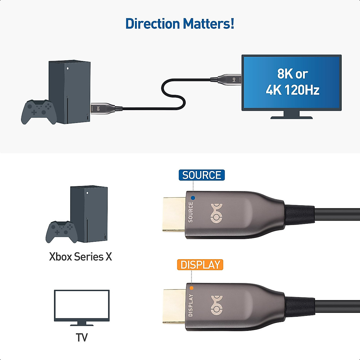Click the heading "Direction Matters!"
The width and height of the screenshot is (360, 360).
coord(180,24)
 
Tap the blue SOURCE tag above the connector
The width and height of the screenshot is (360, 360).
coord(202,175)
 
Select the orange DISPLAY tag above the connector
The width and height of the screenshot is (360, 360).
coord(200,265)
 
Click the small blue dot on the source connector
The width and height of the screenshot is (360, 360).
coord(193,198)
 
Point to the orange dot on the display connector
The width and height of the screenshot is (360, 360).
coord(191,288)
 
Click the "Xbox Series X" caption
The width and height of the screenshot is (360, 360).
coord(80,257)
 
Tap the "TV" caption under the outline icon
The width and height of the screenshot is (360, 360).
coord(82,337)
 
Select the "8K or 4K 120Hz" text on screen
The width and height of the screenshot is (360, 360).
coord(292,82)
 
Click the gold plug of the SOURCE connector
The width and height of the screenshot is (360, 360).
coord(174,214)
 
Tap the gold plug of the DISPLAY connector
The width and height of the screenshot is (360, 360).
coord(174,306)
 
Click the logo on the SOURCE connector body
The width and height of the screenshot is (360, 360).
coord(217,214)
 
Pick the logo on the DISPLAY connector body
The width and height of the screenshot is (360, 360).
coord(217,305)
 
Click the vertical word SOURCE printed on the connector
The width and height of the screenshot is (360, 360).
coord(190,212)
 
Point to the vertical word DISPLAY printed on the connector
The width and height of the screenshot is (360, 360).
coord(190,305)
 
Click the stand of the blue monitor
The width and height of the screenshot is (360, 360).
coord(291,114)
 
